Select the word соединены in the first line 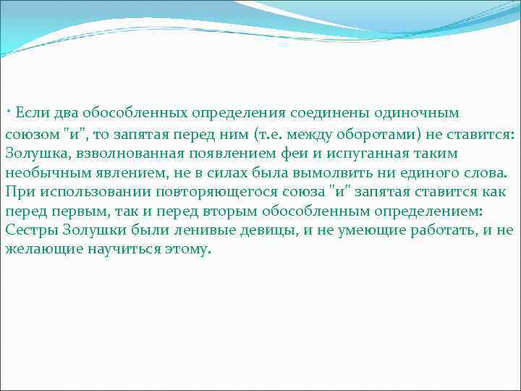click(324, 114)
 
